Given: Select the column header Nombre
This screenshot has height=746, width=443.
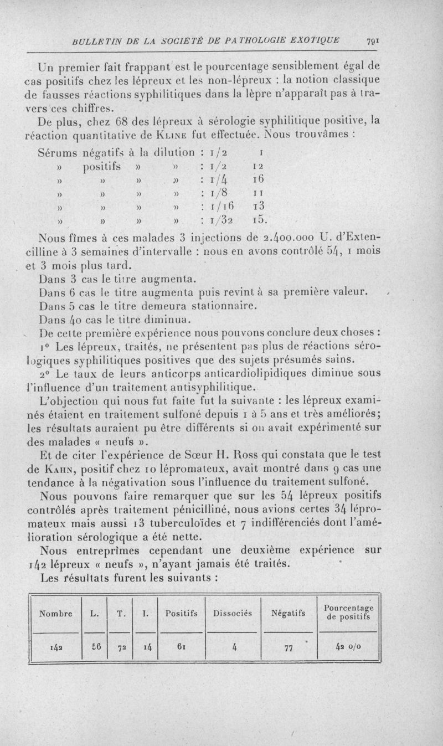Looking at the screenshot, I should click(55, 613).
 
